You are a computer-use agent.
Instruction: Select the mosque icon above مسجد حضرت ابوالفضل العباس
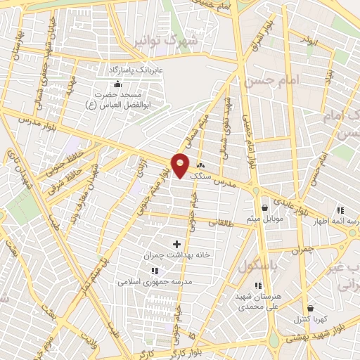tap(105, 84)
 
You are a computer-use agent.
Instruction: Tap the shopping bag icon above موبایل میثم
tap(264, 207)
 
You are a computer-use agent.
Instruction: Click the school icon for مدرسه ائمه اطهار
tap(340, 210)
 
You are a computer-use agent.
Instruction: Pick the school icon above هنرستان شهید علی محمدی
tap(258, 285)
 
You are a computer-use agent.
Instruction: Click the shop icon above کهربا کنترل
tap(310, 308)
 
